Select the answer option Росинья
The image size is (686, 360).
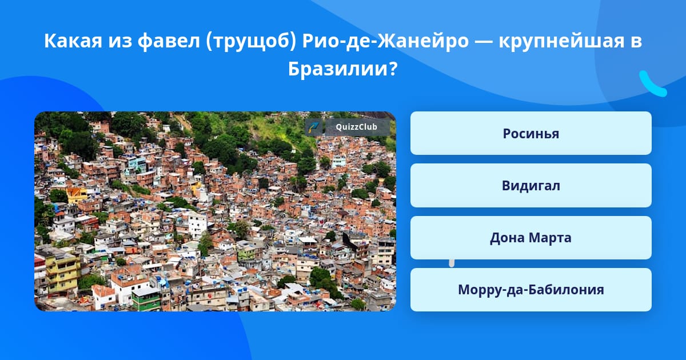(531, 133)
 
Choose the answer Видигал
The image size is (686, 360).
(531, 186)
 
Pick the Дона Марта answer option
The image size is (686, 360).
(531, 238)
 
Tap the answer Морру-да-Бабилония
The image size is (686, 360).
(531, 290)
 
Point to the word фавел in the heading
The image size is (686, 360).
(169, 41)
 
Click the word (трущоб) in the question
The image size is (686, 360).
(251, 41)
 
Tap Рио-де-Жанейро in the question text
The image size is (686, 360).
(385, 41)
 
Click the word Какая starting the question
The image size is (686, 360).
(73, 41)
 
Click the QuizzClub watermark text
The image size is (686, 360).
(356, 127)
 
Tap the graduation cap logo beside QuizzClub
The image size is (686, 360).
(313, 127)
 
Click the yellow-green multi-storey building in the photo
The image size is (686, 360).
(63, 273)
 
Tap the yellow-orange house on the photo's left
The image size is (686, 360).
(77, 195)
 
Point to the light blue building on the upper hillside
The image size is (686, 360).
(137, 164)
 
